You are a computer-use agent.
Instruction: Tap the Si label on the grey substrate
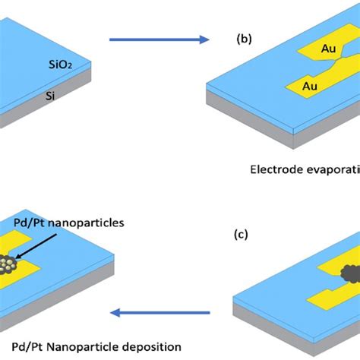[x=47, y=96]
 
